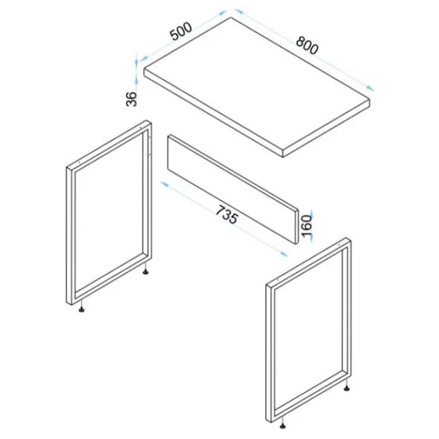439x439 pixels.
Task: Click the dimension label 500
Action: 181,31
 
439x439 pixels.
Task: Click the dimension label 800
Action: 307,45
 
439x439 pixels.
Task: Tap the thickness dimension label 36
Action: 131,99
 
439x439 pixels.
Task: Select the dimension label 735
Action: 228,214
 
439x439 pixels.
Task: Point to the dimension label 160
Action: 307,225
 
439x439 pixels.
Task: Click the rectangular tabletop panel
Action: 257,87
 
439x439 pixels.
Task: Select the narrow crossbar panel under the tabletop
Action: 233,190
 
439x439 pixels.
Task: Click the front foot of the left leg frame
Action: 81,309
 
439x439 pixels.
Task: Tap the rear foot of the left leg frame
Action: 146,271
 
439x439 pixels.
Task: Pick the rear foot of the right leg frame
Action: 347,388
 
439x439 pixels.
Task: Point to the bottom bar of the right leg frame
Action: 309,395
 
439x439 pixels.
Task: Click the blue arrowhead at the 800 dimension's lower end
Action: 370,88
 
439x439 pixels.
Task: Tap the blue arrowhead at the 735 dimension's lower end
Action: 284,253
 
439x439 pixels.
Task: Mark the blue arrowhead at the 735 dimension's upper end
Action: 164,184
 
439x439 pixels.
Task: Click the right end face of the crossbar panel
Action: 296,227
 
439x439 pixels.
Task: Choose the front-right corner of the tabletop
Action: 283,157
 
